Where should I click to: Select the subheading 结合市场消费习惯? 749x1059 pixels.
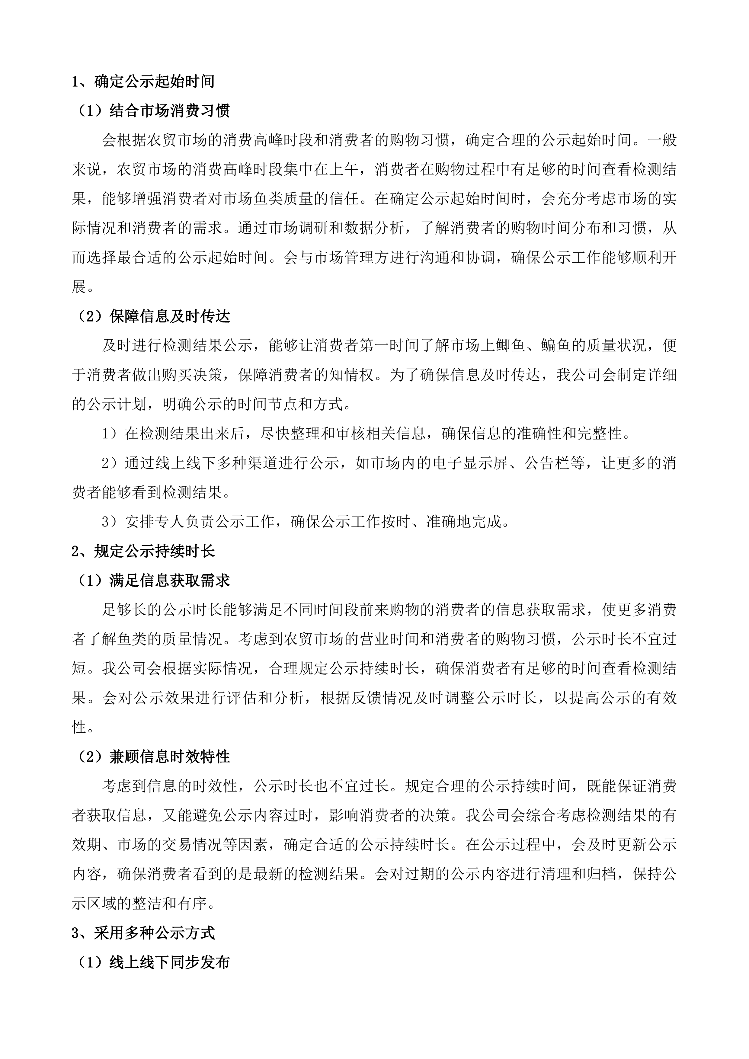(169, 111)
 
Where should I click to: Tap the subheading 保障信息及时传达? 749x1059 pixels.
(169, 316)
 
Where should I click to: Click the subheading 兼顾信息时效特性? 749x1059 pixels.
(169, 757)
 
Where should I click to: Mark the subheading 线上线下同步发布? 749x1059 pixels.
(169, 963)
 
